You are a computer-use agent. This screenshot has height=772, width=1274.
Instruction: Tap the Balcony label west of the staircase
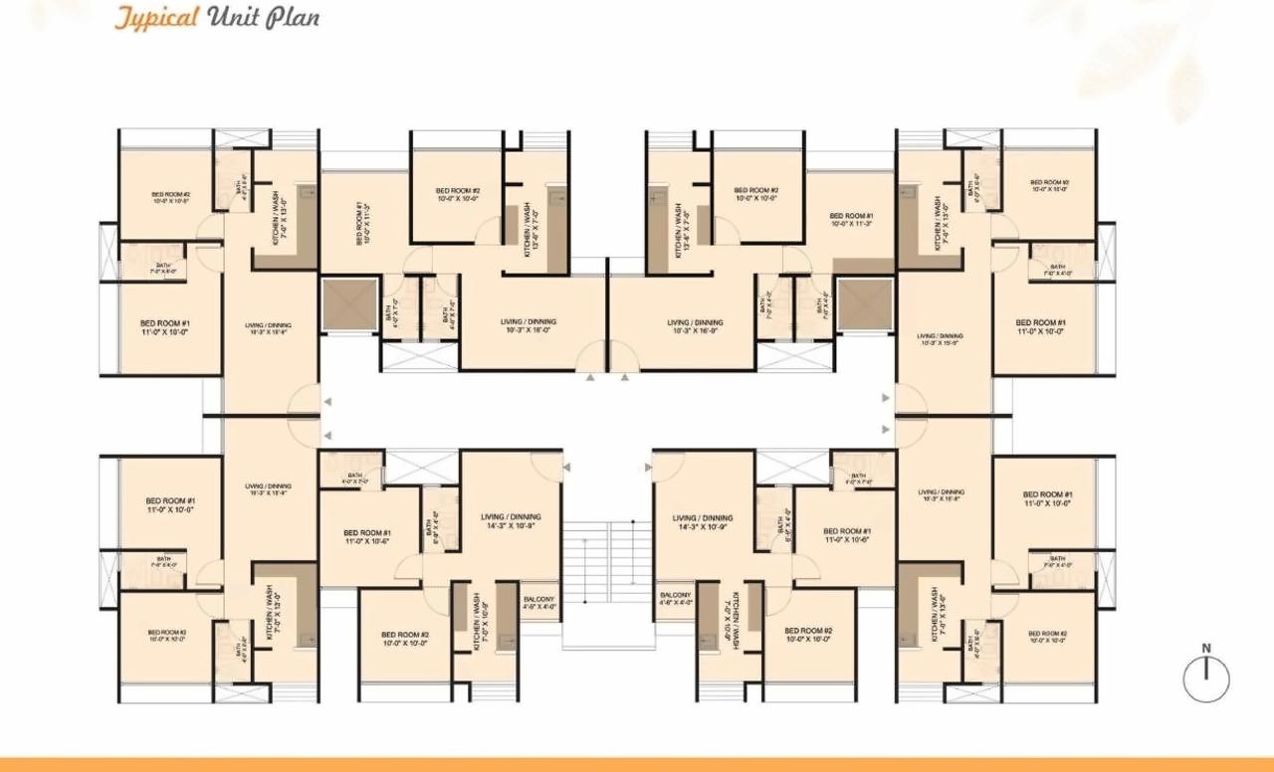(538, 601)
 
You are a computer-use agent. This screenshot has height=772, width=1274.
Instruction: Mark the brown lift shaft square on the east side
(864, 303)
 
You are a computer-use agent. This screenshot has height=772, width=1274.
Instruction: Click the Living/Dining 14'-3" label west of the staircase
(511, 522)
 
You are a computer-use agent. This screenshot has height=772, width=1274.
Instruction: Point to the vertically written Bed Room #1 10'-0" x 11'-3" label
(362, 224)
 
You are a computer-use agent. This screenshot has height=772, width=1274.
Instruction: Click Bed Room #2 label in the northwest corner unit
(171, 197)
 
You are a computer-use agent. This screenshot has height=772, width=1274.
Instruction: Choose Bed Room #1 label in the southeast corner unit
(1047, 498)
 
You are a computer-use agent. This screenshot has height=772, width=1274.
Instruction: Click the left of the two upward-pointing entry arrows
(590, 378)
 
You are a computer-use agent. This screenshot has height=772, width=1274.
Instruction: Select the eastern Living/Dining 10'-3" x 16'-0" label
(695, 326)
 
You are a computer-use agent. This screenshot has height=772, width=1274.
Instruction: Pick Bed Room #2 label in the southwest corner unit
(167, 637)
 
